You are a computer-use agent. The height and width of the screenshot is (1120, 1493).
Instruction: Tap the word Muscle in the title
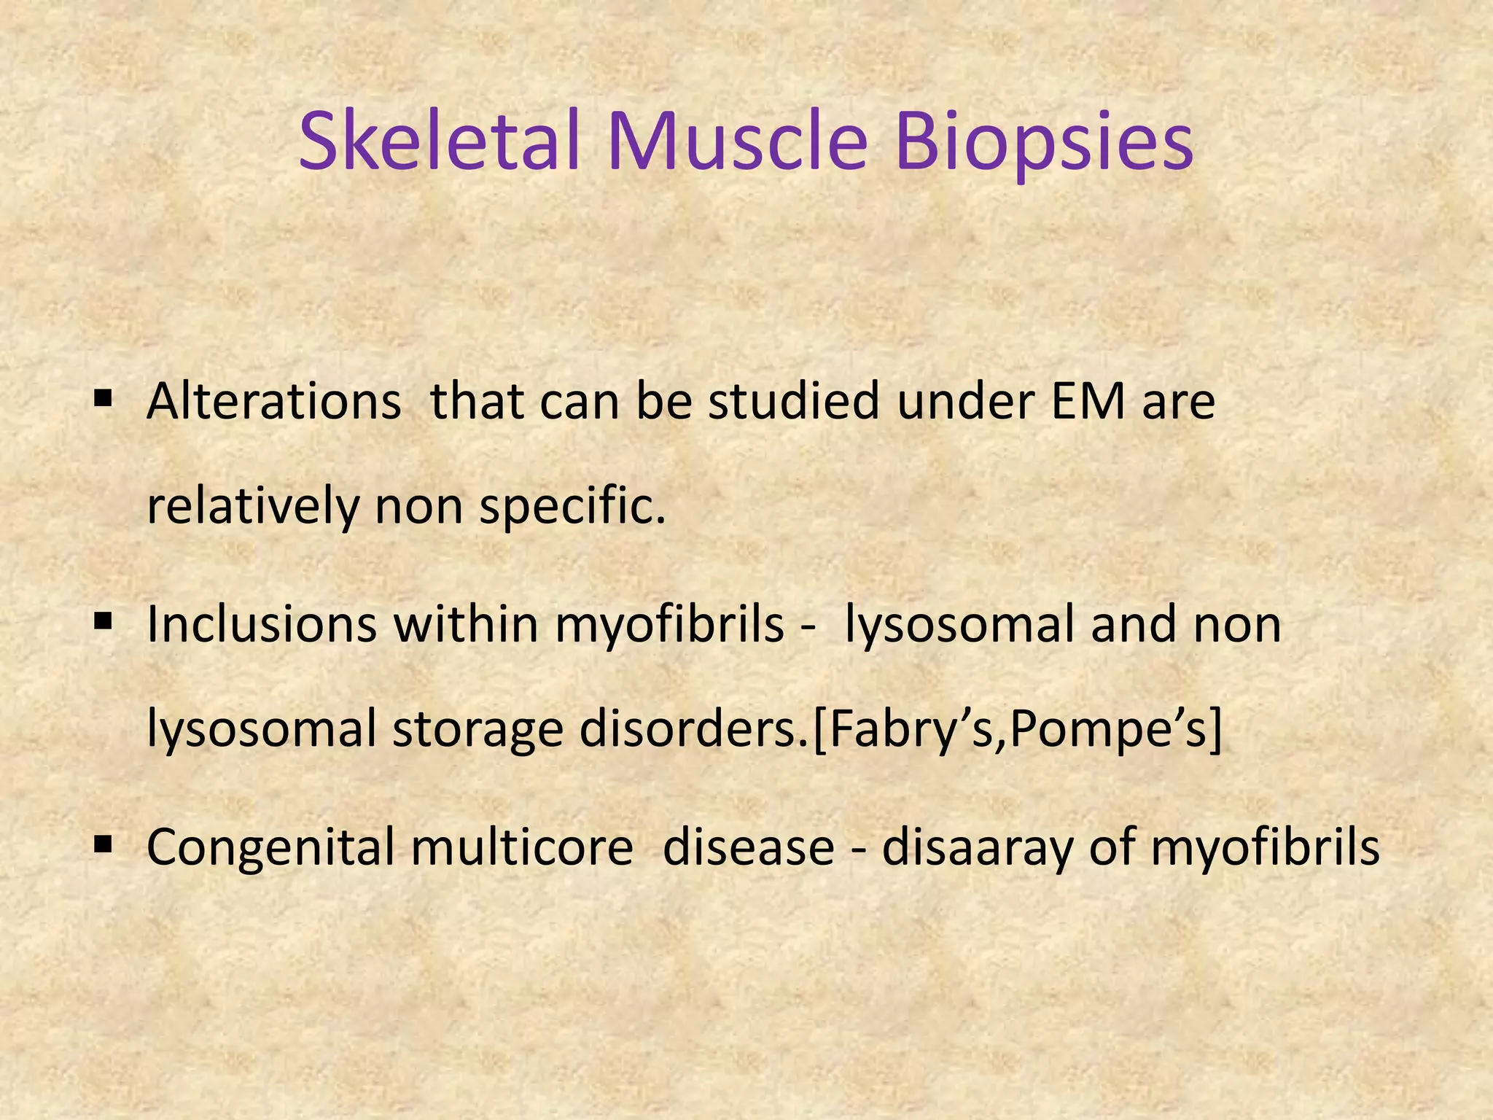coord(737,141)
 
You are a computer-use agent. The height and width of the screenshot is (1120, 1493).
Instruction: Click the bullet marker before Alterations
coord(103,399)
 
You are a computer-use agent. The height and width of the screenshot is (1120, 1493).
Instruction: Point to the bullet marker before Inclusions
coord(103,621)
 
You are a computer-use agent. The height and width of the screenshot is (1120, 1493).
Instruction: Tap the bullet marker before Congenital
coord(103,844)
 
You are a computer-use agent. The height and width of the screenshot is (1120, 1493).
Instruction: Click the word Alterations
coord(273,402)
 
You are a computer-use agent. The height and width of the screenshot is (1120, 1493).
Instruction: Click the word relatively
coord(252,506)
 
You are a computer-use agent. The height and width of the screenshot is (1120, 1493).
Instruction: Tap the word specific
coord(572,506)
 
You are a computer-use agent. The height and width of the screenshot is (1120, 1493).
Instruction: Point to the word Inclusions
coord(262,625)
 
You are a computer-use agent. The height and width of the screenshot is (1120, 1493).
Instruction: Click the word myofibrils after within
coord(669,625)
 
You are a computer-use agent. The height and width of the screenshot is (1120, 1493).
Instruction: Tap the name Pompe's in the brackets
coord(1113,730)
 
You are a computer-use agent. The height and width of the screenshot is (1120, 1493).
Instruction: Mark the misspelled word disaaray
coord(978,848)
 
